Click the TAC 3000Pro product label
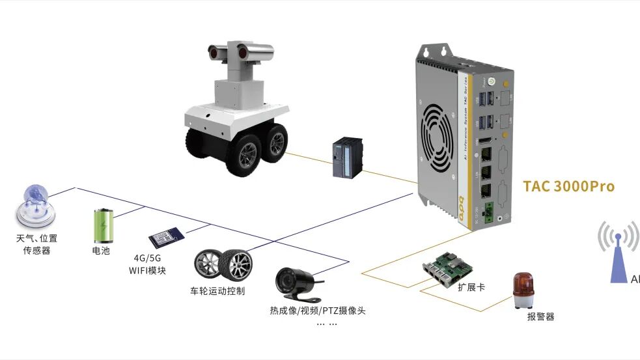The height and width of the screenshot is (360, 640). pyautogui.click(x=568, y=187)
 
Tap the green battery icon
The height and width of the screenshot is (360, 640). pyautogui.click(x=103, y=225)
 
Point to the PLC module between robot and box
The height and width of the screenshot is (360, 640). pyautogui.click(x=344, y=157)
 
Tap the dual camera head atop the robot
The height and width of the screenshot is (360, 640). pyautogui.click(x=238, y=53)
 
